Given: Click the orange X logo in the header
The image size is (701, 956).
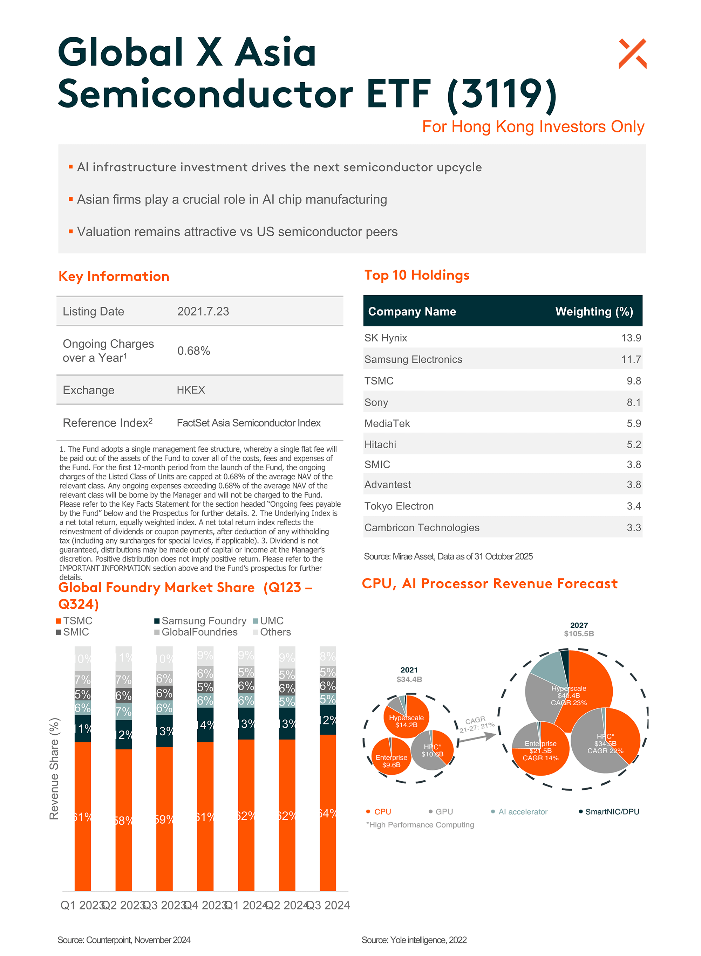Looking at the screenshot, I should (x=632, y=54).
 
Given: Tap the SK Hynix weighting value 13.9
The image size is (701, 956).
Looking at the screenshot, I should (x=631, y=338).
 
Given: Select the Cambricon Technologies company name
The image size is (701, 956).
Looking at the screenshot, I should (x=422, y=527).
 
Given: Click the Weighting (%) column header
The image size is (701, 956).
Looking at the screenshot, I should (x=594, y=312).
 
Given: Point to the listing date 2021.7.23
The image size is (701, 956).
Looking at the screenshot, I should (x=203, y=312).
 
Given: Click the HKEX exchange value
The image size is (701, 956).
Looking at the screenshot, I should (x=191, y=390).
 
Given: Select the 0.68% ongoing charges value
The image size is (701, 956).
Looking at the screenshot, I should (x=193, y=351).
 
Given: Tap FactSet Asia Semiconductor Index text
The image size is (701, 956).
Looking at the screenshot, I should (x=249, y=423).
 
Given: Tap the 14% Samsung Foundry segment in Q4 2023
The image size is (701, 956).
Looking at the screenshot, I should (x=205, y=725).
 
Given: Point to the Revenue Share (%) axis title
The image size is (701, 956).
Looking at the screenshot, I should (x=54, y=768).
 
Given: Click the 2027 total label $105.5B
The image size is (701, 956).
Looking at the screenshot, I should (x=579, y=634).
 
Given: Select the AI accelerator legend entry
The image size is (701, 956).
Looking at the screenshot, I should (x=522, y=811).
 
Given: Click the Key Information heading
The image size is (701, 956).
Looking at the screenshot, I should (x=114, y=276).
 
